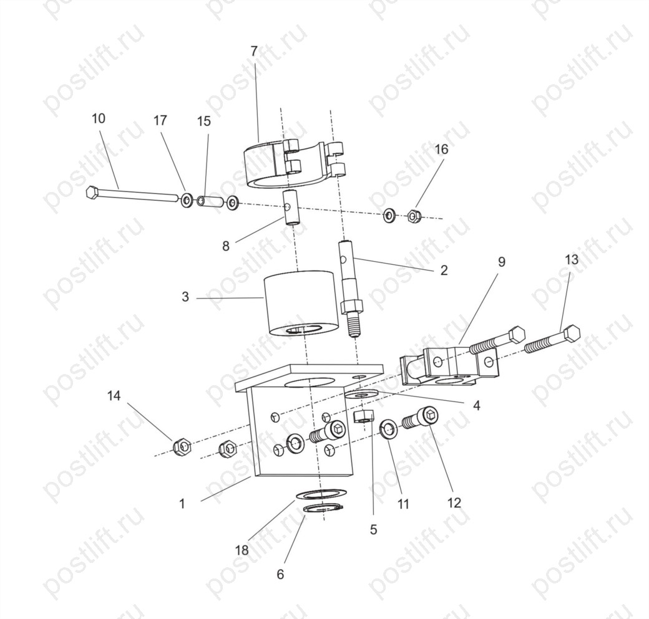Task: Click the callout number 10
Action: pyautogui.click(x=99, y=118)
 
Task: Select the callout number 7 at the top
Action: pyautogui.click(x=254, y=51)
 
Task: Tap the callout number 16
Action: pyautogui.click(x=442, y=149)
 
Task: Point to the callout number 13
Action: pyautogui.click(x=571, y=260)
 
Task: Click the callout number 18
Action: pyautogui.click(x=242, y=550)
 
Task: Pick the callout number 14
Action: pyautogui.click(x=114, y=396)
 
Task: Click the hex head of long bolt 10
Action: pyautogui.click(x=92, y=193)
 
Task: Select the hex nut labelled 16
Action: pyautogui.click(x=413, y=216)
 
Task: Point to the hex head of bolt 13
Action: pyautogui.click(x=571, y=333)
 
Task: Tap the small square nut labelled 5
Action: pyautogui.click(x=364, y=416)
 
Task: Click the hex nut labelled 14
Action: pyautogui.click(x=182, y=446)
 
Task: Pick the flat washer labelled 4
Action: pyautogui.click(x=361, y=393)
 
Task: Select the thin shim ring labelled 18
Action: pyautogui.click(x=321, y=494)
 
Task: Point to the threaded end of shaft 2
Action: pyautogui.click(x=353, y=325)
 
